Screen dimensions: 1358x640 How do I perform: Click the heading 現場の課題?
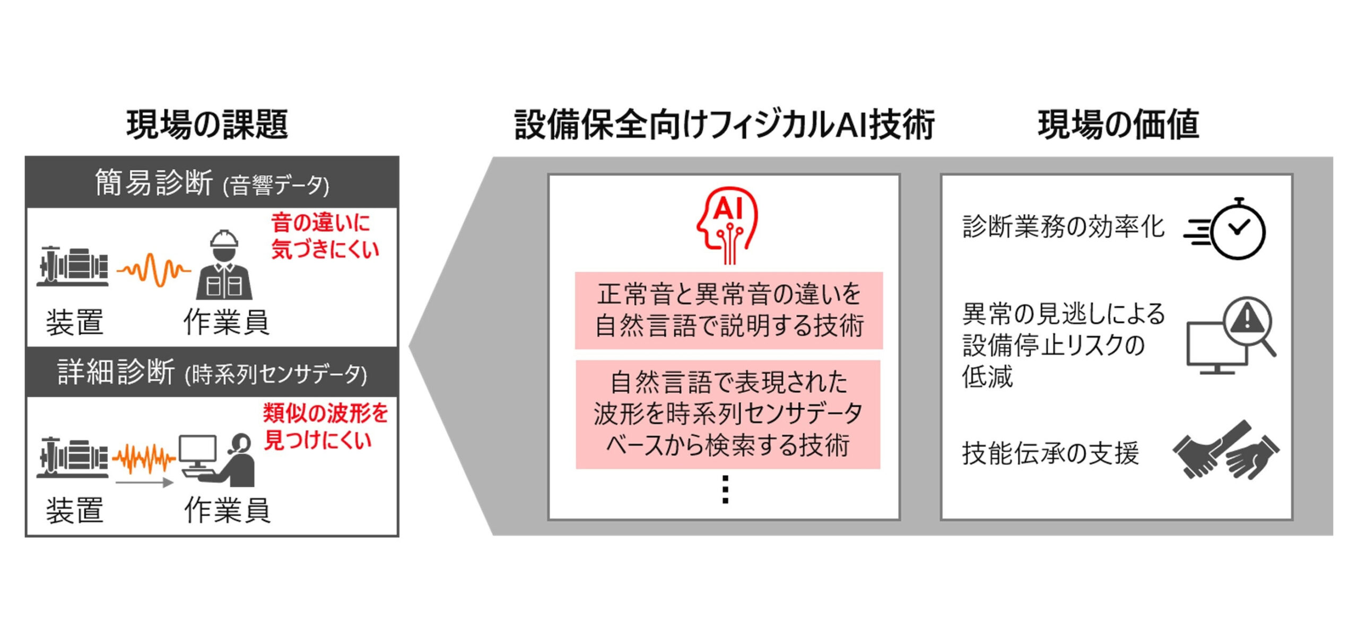point(207,125)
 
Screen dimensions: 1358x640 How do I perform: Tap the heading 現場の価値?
point(1118,125)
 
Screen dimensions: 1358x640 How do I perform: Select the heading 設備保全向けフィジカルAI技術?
point(725,125)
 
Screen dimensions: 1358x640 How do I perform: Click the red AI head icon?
point(727,225)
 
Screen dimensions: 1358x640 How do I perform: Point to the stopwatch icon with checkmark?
point(1225,229)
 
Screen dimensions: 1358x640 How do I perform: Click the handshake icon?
point(1226,450)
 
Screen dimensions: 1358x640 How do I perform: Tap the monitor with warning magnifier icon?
point(1231,335)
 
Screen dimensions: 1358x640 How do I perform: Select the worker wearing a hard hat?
point(224,265)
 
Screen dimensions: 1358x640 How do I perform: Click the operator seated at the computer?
point(217,460)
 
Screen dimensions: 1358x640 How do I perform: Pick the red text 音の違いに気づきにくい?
point(325,236)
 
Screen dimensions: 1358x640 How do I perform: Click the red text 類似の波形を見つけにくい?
point(325,427)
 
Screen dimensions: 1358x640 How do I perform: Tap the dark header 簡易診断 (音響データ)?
point(212,182)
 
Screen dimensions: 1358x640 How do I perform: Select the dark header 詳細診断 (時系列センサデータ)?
point(212,372)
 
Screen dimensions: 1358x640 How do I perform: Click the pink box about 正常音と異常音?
point(729,310)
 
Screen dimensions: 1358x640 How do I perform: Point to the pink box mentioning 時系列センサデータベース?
point(728,414)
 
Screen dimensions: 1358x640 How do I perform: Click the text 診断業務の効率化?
point(1063,227)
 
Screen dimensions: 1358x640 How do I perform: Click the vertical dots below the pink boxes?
point(726,489)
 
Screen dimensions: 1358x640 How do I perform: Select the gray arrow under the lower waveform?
point(145,483)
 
